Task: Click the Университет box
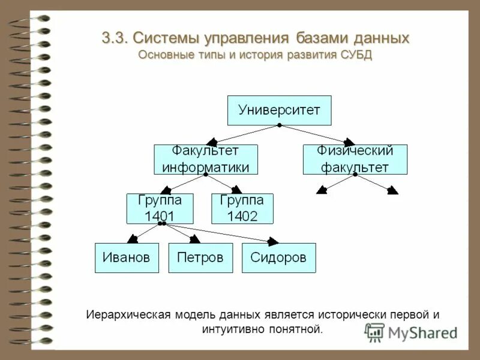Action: coord(279,110)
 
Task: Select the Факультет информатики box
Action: coord(206,159)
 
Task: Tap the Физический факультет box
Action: coord(355,159)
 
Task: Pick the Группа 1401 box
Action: coord(160,208)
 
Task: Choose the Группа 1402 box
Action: coord(242,208)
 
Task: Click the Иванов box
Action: coord(127,258)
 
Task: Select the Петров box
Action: coord(200,258)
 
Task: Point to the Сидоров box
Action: coord(278,258)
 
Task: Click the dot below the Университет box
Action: coord(279,126)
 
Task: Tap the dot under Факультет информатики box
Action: coord(206,175)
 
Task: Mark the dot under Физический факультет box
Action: coord(355,175)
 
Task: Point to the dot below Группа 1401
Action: coord(161,224)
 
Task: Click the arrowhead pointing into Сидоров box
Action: coord(273,241)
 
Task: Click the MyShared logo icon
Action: coord(374,332)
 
